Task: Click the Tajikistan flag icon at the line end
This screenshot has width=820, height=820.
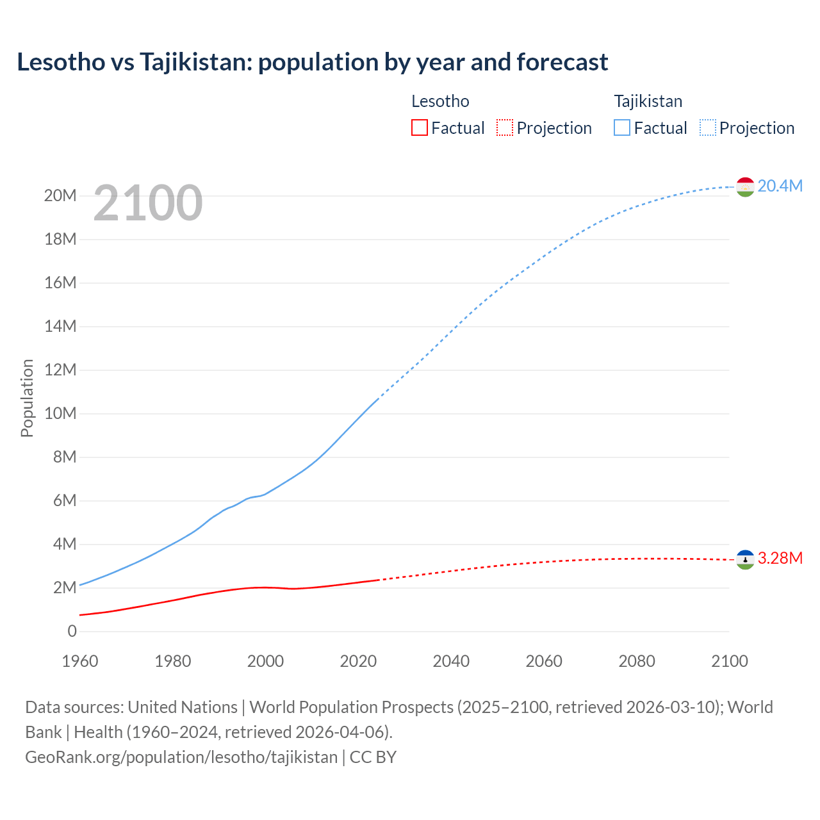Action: (744, 187)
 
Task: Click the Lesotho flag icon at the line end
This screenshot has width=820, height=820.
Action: (744, 559)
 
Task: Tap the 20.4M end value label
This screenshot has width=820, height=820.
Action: (780, 186)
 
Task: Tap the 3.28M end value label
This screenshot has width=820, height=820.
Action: (780, 558)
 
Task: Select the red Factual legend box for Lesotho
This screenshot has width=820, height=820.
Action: (419, 127)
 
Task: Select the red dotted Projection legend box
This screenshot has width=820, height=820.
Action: (505, 127)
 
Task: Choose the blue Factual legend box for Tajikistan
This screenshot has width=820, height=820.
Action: (622, 127)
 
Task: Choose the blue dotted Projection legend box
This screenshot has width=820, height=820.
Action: (708, 127)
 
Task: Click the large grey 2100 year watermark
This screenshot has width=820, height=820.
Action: (148, 203)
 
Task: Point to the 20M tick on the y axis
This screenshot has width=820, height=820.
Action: (60, 195)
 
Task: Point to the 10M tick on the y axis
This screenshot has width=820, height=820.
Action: (60, 413)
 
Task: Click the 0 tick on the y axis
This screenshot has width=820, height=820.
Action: (72, 631)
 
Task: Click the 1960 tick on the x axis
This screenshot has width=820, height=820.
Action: (80, 661)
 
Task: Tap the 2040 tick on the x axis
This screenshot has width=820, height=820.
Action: (451, 661)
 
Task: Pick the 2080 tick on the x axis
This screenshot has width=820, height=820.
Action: (637, 661)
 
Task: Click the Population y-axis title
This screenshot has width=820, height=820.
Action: (27, 398)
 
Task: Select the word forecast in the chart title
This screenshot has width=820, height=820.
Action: (562, 62)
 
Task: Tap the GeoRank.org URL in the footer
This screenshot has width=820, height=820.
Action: (181, 757)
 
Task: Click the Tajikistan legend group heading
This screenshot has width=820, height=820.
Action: (648, 101)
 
